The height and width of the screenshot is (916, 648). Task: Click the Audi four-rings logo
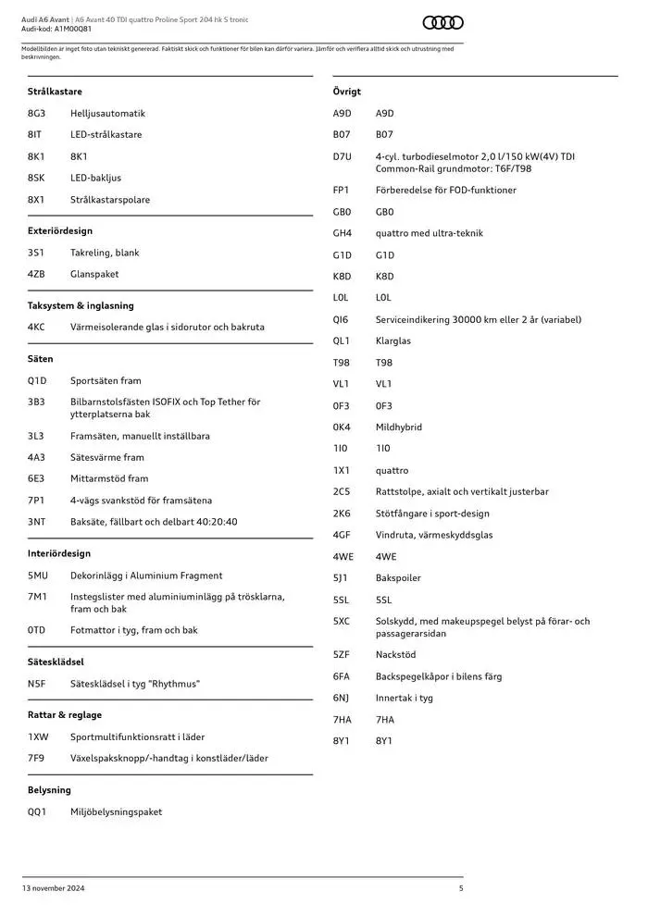click(x=442, y=23)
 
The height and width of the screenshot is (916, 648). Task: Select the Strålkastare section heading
click(x=55, y=92)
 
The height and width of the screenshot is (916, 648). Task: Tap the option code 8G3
click(x=36, y=114)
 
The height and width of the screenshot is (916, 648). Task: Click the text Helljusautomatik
click(x=107, y=114)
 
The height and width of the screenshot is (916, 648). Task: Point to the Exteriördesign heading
click(x=60, y=231)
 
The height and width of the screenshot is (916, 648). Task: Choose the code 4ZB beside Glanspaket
click(x=36, y=275)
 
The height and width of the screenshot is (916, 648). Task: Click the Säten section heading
click(x=41, y=359)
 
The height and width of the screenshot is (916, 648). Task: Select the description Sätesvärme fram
click(x=107, y=458)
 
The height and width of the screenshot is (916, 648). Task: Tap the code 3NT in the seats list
click(x=36, y=522)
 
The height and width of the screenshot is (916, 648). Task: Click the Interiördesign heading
click(x=59, y=553)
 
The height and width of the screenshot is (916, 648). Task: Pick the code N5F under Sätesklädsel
click(x=36, y=684)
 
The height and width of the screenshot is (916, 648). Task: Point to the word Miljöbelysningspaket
click(x=116, y=812)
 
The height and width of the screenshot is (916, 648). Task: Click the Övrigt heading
click(x=347, y=92)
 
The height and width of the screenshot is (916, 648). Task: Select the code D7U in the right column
click(x=343, y=157)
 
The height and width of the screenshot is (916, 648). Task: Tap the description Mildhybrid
click(x=399, y=427)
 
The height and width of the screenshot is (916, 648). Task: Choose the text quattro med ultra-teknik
click(x=430, y=234)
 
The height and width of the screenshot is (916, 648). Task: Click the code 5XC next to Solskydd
click(x=342, y=622)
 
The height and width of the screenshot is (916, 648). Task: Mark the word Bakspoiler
click(x=398, y=578)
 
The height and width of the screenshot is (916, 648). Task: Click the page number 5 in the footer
click(x=461, y=888)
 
